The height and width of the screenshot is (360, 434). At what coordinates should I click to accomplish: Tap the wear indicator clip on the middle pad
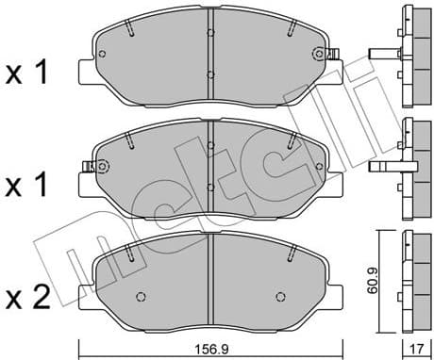click(x=90, y=169)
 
